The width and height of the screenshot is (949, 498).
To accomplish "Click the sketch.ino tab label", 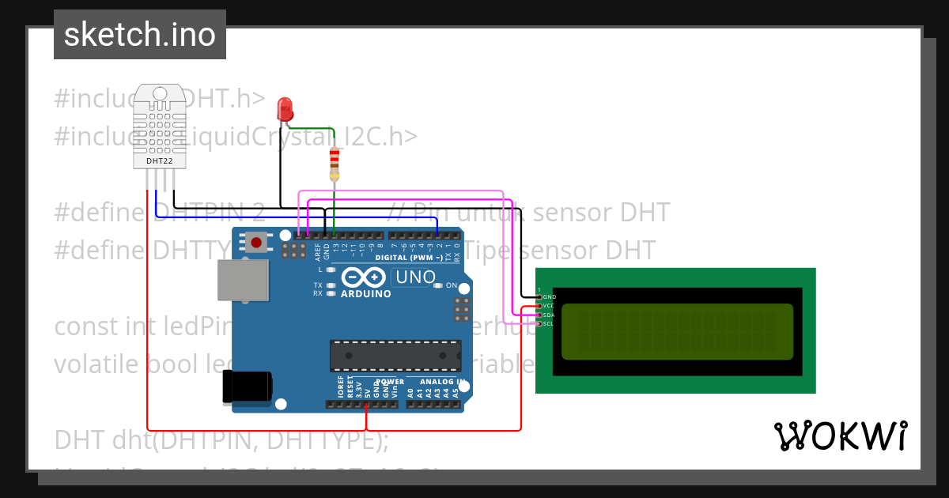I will [x=140, y=35].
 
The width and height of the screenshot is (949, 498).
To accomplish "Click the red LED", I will [x=285, y=108].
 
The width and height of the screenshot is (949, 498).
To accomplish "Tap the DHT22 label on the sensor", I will [x=159, y=161].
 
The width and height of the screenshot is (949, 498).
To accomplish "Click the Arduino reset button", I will [x=256, y=241].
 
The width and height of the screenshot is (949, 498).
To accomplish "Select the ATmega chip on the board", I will [x=395, y=356].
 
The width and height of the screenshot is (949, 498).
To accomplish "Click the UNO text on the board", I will [x=415, y=277].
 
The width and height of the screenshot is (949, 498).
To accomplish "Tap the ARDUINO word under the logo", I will [x=365, y=294].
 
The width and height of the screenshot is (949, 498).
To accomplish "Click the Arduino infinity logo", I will [x=365, y=277].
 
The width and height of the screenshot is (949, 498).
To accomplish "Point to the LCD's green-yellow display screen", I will [x=677, y=330].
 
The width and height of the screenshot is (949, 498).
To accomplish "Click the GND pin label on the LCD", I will [x=550, y=296].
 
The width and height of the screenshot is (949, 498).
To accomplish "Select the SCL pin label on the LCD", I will [x=550, y=323].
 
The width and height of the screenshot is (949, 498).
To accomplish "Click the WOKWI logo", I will [x=840, y=436].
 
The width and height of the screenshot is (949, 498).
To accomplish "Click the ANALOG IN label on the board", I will [x=437, y=381].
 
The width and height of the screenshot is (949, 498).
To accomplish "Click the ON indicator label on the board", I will [x=452, y=285].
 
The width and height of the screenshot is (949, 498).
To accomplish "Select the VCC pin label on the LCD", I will [x=550, y=305].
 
